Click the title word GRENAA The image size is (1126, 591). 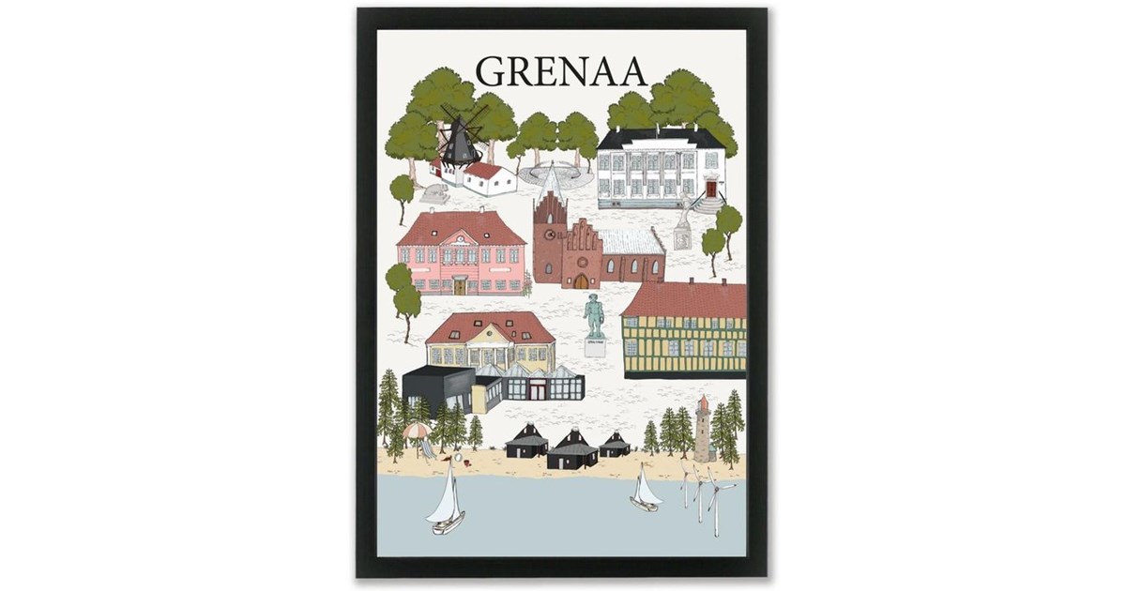(560, 71)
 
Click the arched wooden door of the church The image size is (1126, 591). (581, 280)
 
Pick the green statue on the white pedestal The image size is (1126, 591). (594, 319)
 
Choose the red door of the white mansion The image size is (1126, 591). (710, 188)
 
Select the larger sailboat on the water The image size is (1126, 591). (447, 502)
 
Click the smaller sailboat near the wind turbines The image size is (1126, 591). (645, 491)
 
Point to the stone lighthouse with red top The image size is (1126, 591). (702, 429)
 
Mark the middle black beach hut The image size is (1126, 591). (571, 449)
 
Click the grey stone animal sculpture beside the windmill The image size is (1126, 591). (434, 193)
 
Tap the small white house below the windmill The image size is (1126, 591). (489, 177)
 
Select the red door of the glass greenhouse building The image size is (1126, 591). (536, 389)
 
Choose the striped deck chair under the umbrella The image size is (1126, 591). (427, 449)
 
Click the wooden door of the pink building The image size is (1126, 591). (460, 285)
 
